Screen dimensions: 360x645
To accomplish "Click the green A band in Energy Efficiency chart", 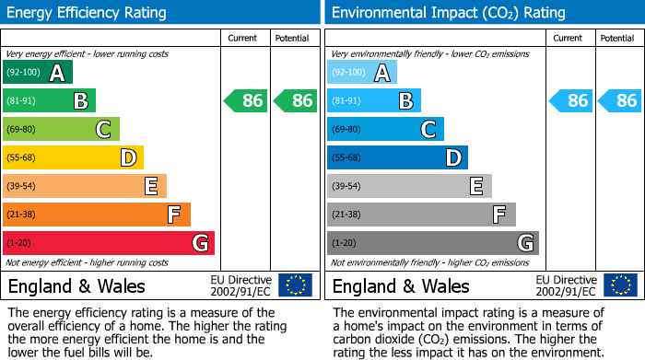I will click(x=38, y=73).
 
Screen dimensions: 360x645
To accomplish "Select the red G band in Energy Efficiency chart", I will click(x=109, y=243).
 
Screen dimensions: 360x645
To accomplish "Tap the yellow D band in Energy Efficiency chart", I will click(x=73, y=158).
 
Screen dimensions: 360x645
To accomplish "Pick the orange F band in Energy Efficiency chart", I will click(x=97, y=215).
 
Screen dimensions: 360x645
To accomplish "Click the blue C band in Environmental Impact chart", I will click(x=385, y=130).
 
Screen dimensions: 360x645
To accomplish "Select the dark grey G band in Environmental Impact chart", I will click(x=432, y=243).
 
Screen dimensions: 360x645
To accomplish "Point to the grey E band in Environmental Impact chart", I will click(x=409, y=187).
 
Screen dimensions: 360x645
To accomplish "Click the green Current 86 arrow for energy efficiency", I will click(x=246, y=101).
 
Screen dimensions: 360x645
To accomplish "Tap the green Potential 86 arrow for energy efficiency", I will click(x=296, y=101).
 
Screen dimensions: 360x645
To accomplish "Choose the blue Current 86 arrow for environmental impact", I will click(x=570, y=101).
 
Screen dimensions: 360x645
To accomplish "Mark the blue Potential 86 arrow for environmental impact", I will click(x=620, y=101).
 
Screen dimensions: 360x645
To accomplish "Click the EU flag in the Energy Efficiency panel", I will click(x=295, y=285).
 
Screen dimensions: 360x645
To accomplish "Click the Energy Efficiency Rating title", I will click(x=88, y=13).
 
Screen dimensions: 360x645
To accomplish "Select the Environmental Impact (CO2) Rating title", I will click(x=448, y=13).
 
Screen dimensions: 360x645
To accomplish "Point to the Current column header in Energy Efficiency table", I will click(x=244, y=38).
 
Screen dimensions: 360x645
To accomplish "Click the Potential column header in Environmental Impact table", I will click(x=616, y=38).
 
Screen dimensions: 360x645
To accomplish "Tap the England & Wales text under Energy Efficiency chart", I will click(x=76, y=286).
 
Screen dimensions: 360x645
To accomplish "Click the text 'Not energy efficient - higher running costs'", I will click(x=88, y=262).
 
